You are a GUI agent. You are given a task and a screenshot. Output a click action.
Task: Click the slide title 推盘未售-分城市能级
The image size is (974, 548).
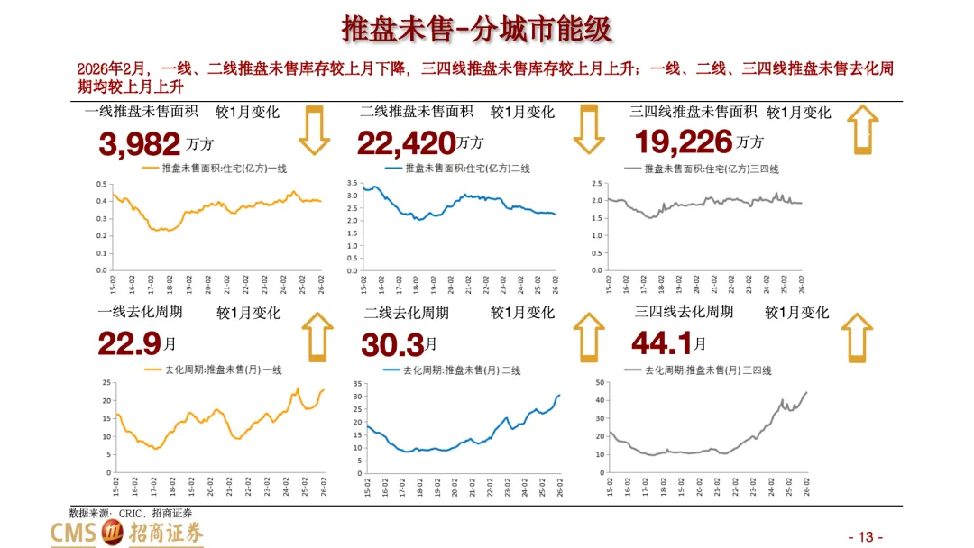[477, 29]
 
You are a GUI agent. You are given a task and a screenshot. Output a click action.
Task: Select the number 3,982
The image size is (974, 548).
[140, 144]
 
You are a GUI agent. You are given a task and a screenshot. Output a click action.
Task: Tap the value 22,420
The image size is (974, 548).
[406, 143]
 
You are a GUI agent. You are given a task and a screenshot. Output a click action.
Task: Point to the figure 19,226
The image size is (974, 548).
[684, 142]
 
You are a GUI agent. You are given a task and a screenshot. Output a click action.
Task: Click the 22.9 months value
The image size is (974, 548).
[130, 343]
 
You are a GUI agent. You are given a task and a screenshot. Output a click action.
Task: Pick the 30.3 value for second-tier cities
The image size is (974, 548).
[392, 344]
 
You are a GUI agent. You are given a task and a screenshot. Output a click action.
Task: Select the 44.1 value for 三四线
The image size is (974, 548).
[662, 342]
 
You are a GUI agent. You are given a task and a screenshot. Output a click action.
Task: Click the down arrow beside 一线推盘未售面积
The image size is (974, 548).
[315, 130]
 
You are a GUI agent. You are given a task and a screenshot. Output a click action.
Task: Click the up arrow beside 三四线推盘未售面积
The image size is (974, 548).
[863, 129]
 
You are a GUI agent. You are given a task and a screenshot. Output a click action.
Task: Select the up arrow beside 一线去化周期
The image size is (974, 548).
[317, 337]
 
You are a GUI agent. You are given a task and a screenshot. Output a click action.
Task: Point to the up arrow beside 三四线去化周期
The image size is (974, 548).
[858, 338]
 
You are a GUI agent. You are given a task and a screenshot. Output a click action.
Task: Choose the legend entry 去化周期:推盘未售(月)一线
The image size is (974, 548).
[213, 370]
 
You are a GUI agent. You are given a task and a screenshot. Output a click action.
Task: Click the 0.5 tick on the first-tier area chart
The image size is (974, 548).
[102, 185]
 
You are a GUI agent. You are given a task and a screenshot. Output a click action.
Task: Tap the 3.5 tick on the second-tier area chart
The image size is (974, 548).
[353, 183]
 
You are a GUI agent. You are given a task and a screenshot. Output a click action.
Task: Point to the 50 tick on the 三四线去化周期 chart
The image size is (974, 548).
[600, 382]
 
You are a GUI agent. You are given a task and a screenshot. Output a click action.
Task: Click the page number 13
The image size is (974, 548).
[866, 537]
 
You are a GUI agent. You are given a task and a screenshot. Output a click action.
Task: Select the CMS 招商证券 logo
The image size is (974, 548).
[127, 533]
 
